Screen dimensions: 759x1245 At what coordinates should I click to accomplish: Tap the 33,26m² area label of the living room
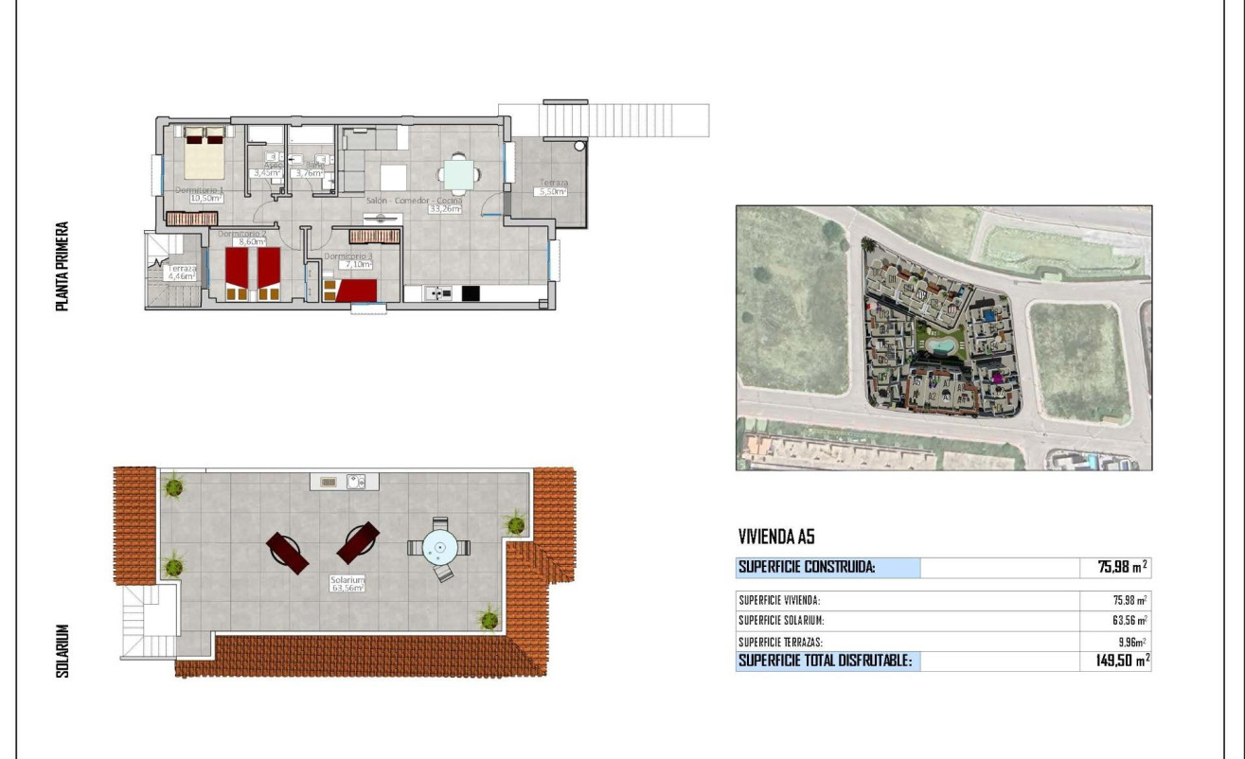click(444, 209)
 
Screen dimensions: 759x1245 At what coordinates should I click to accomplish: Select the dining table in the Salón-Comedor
click(458, 174)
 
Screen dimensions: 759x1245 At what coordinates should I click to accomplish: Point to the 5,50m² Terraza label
click(552, 191)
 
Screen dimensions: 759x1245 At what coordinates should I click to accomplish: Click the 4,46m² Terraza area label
click(182, 277)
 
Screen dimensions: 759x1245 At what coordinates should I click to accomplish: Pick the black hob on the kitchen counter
click(471, 293)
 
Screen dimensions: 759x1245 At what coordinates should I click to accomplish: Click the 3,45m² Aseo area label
click(267, 173)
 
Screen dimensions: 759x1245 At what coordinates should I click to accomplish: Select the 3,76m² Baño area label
click(310, 173)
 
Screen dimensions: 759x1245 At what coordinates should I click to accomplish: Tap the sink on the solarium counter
click(357, 482)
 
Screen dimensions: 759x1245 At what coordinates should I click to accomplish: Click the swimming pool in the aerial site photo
click(940, 346)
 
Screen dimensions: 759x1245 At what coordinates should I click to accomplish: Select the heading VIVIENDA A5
click(775, 538)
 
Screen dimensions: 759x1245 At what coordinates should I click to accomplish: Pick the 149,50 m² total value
click(1115, 661)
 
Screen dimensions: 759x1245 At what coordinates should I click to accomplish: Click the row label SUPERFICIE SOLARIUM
click(781, 621)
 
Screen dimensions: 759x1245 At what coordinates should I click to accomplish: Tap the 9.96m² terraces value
click(1129, 642)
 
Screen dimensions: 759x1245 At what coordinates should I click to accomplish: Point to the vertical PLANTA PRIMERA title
click(62, 267)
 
